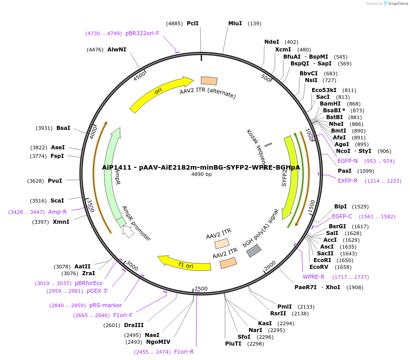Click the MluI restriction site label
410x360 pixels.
click(x=235, y=23)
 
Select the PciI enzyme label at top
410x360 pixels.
click(x=193, y=23)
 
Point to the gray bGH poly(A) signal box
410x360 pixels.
click(x=254, y=250)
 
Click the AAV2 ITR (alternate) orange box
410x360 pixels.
click(x=209, y=81)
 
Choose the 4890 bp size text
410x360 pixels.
click(x=201, y=174)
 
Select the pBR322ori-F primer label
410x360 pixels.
click(x=142, y=33)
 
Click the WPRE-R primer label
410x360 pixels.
click(x=313, y=277)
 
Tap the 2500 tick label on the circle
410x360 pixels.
click(x=201, y=289)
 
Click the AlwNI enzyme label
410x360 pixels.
click(x=116, y=50)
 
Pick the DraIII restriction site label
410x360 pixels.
click(x=134, y=325)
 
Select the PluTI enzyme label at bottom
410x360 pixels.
click(x=233, y=344)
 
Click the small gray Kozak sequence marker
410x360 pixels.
click(x=268, y=145)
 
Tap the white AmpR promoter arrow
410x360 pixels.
click(x=129, y=231)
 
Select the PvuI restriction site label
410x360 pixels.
click(x=55, y=181)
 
